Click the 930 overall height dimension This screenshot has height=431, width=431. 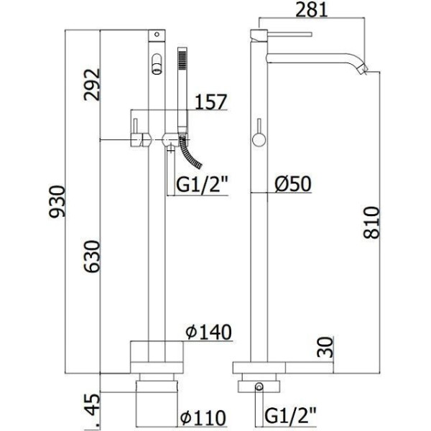[57, 201]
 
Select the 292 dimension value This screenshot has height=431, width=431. [92, 85]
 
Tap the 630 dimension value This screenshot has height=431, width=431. [92, 256]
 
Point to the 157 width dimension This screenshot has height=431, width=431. [210, 101]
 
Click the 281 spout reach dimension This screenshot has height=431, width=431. [312, 9]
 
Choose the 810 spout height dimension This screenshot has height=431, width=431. [371, 223]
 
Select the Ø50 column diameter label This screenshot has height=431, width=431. [293, 184]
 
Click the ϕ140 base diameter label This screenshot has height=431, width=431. [208, 333]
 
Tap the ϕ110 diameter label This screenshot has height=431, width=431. [203, 418]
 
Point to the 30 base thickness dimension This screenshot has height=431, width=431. [325, 347]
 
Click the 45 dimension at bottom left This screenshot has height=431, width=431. [92, 404]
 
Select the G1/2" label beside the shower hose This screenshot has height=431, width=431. [203, 185]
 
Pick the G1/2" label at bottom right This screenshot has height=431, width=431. [290, 416]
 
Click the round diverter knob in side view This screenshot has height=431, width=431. [259, 139]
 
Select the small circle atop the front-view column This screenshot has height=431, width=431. [157, 34]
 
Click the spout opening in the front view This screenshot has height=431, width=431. [157, 71]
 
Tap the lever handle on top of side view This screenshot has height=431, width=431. [289, 34]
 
